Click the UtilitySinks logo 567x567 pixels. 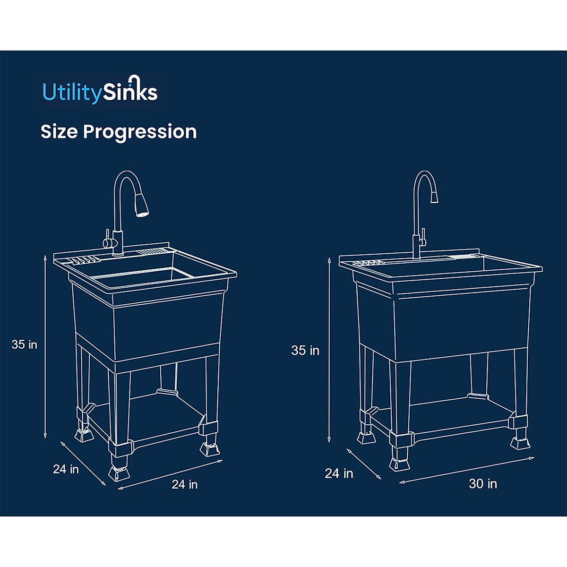pos(100,91)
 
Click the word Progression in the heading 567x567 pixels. pos(140,132)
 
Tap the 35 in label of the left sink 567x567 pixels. pos(25,344)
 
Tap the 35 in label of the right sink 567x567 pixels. pos(305,351)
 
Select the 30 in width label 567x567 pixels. pos(482,484)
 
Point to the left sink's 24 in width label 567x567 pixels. pos(185,484)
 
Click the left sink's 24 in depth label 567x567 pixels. pos(66,469)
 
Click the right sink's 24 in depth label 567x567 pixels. pos(339,473)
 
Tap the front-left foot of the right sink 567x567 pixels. pos(399,463)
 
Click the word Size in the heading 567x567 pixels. pos(59,132)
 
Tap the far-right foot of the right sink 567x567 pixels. pos(520,442)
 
